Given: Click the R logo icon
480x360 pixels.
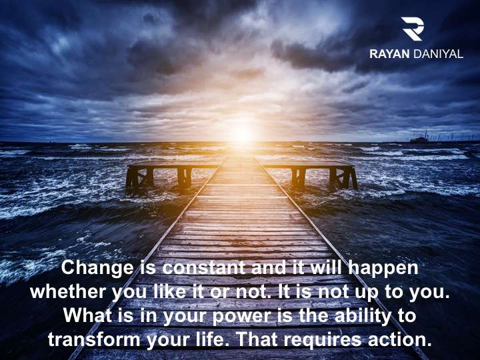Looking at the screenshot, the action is tap(413, 29).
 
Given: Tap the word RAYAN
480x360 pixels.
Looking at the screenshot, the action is tap(389, 54).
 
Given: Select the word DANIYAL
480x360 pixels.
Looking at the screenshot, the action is tap(438, 54).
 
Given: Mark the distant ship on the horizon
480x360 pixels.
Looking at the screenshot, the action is tap(419, 139).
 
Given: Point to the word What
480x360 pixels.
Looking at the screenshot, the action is tap(88, 315).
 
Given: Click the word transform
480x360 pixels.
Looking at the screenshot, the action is tap(94, 340).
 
